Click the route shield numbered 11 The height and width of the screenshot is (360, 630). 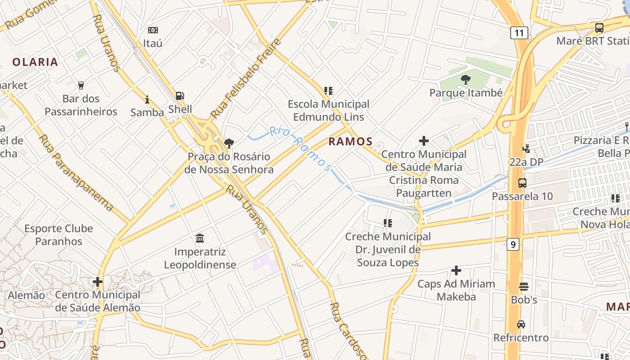tap(519, 32)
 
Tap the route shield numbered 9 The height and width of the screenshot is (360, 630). tap(513, 244)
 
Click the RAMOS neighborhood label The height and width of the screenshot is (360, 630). tap(351, 142)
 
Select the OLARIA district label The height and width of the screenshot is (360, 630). tap(36, 62)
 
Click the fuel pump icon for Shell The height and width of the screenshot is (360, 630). tap(180, 95)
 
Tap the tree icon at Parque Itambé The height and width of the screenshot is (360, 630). tap(466, 80)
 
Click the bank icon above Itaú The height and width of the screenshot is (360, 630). tap(153, 30)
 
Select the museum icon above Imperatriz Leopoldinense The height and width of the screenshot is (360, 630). tap(200, 238)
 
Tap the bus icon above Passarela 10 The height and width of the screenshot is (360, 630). tap(522, 183)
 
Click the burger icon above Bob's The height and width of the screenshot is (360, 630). tap(523, 286)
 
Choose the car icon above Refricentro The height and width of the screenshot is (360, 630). tap(521, 324)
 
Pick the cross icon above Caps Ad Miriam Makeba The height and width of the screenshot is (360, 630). tap(456, 270)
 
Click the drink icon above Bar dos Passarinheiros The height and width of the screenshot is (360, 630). tap(81, 85)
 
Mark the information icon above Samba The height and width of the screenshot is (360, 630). tap(147, 99)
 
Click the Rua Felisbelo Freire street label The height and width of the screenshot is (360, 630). tap(245, 78)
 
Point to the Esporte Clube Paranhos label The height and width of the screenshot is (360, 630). tap(58, 235)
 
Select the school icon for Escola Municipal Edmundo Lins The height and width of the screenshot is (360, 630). tap(328, 91)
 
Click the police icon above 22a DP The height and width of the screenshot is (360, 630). tap(526, 148)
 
